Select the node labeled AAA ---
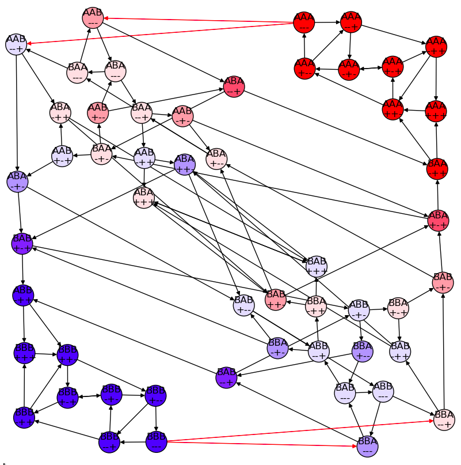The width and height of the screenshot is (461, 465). pos(304,22)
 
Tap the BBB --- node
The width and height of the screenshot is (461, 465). pos(156,441)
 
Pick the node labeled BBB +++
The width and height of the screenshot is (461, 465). pos(24,353)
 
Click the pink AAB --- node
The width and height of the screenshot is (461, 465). pos(93,18)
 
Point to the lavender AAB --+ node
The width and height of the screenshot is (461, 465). pos(16,44)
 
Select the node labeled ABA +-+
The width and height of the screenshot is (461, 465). pos(438,220)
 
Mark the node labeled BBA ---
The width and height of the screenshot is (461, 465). pos(367,445)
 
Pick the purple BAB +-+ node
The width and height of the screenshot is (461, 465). pos(22,243)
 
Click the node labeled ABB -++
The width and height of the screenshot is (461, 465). pos(23,295)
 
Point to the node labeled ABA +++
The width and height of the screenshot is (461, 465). pos(144,197)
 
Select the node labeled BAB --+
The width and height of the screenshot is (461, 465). pos(226,377)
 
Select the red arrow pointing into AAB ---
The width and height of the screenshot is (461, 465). pos(107,18)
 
